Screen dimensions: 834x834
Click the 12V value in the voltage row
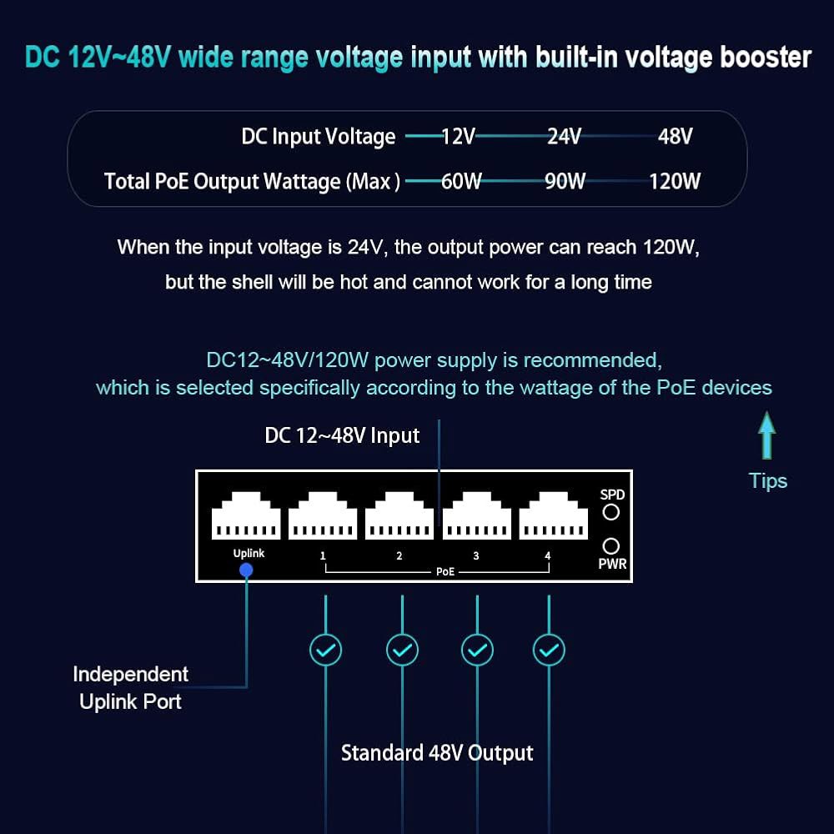coord(458,136)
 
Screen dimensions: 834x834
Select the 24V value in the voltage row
coord(565,136)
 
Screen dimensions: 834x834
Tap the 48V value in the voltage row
coord(675,136)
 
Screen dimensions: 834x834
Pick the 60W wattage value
coord(461,181)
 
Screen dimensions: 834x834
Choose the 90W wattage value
coord(565,181)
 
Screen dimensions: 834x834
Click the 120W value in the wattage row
coord(675,181)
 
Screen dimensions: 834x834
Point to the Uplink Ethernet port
coord(246,515)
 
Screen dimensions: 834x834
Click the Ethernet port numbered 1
coord(323,515)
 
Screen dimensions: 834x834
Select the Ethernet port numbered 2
coord(399,515)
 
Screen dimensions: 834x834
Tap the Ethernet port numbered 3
coord(476,515)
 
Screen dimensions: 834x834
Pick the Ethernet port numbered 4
coord(553,515)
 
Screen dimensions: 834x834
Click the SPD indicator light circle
coord(611,512)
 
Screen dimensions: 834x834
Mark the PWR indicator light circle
coord(611,546)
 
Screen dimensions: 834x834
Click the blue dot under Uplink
coord(246,570)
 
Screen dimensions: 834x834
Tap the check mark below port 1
coord(325,650)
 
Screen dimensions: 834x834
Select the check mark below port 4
coord(549,650)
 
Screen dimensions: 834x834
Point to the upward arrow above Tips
coord(766,435)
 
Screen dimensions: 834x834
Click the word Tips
coord(768,481)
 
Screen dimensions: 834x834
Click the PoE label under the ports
coord(445,572)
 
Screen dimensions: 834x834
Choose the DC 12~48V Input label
coord(342,435)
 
